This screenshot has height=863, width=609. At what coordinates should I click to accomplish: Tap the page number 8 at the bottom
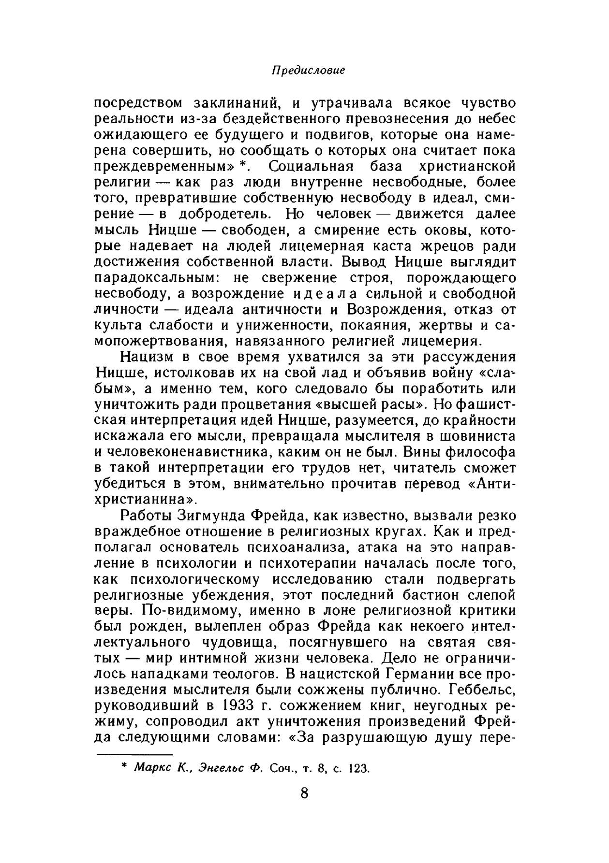[x=304, y=792]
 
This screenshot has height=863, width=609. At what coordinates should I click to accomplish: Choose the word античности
[x=279, y=309]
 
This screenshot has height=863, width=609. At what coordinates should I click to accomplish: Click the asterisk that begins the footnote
[x=124, y=767]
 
